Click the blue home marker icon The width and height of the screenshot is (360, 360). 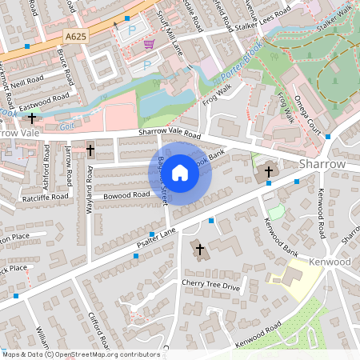[x=180, y=172]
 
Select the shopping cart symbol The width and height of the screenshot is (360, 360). [x=148, y=44]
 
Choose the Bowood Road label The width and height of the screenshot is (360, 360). [x=126, y=194]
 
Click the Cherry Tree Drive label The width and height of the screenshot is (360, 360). [x=210, y=286]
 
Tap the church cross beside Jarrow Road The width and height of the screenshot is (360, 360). [x=90, y=150]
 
